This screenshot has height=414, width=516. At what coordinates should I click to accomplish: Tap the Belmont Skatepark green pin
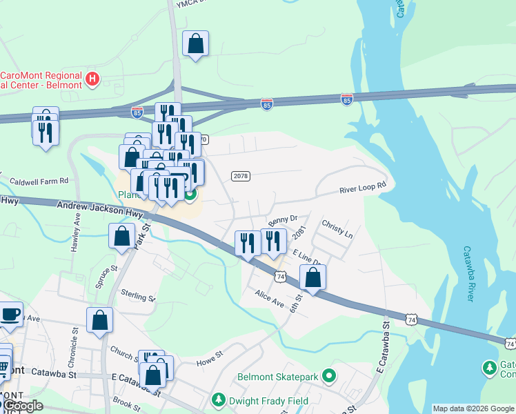[x=329, y=377]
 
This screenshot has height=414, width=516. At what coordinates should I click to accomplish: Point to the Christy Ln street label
[x=337, y=230]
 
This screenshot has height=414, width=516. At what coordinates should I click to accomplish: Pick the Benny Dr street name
[x=281, y=221]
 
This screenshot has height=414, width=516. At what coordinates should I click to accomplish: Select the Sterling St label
[x=137, y=296]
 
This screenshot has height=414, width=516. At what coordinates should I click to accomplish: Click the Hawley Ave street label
[x=76, y=233]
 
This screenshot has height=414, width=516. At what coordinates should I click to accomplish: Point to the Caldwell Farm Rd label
[x=36, y=181]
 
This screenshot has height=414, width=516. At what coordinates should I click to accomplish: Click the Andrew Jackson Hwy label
[x=97, y=206]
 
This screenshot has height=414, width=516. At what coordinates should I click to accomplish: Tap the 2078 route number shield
[x=240, y=177]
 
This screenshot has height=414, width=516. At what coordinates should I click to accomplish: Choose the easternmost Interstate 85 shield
[x=346, y=99]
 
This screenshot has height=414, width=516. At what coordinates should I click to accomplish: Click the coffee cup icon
[x=10, y=314]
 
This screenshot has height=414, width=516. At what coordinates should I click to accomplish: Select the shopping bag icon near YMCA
[x=195, y=43]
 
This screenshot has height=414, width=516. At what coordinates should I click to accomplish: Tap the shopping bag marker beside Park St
[x=121, y=236]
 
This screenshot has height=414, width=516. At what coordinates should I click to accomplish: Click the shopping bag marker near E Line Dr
[x=312, y=277]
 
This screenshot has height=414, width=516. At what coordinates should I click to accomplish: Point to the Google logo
[x=22, y=406]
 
